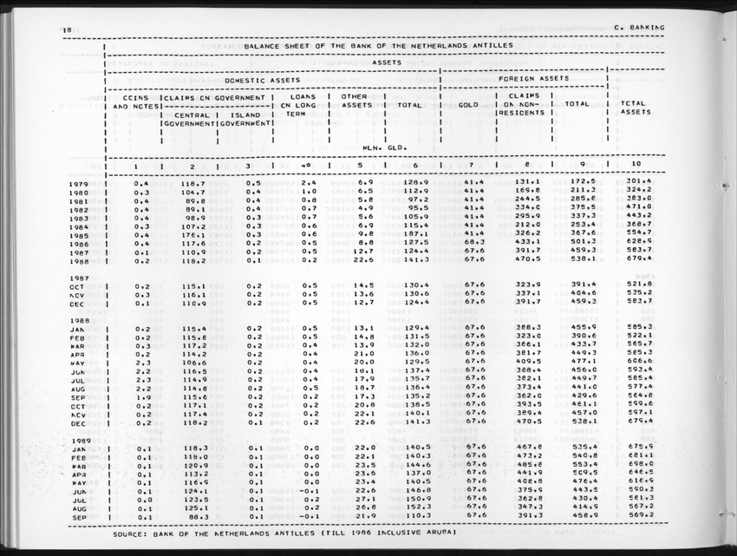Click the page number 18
point(67,29)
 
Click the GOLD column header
point(468,104)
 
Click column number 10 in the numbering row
point(636,164)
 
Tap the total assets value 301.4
point(636,183)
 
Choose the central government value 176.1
point(192,233)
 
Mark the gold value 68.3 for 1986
point(473,242)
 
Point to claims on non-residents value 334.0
point(528,208)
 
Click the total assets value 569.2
point(638,517)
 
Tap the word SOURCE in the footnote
point(132,533)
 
